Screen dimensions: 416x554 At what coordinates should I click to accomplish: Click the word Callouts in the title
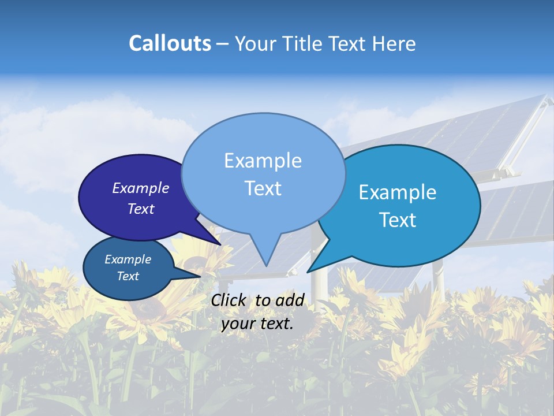pyautogui.click(x=170, y=43)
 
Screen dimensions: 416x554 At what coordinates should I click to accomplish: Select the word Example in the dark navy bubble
pyautogui.click(x=141, y=188)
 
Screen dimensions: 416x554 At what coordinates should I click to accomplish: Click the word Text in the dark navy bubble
pyautogui.click(x=141, y=209)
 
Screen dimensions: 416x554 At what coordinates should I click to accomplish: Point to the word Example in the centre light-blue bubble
pyautogui.click(x=263, y=161)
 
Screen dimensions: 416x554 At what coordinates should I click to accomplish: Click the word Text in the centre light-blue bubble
pyautogui.click(x=263, y=188)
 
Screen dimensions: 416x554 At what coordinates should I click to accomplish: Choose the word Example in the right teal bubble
pyautogui.click(x=398, y=192)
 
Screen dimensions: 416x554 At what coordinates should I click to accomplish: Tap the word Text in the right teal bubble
pyautogui.click(x=398, y=220)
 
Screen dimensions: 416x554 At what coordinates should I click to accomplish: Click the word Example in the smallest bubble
pyautogui.click(x=128, y=259)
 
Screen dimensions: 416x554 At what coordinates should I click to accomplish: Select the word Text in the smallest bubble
pyautogui.click(x=128, y=276)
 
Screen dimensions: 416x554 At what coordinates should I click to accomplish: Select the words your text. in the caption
pyautogui.click(x=257, y=324)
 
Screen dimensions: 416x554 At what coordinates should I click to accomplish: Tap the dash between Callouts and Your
pyautogui.click(x=223, y=44)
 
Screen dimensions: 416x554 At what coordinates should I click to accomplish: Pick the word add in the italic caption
pyautogui.click(x=290, y=300)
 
